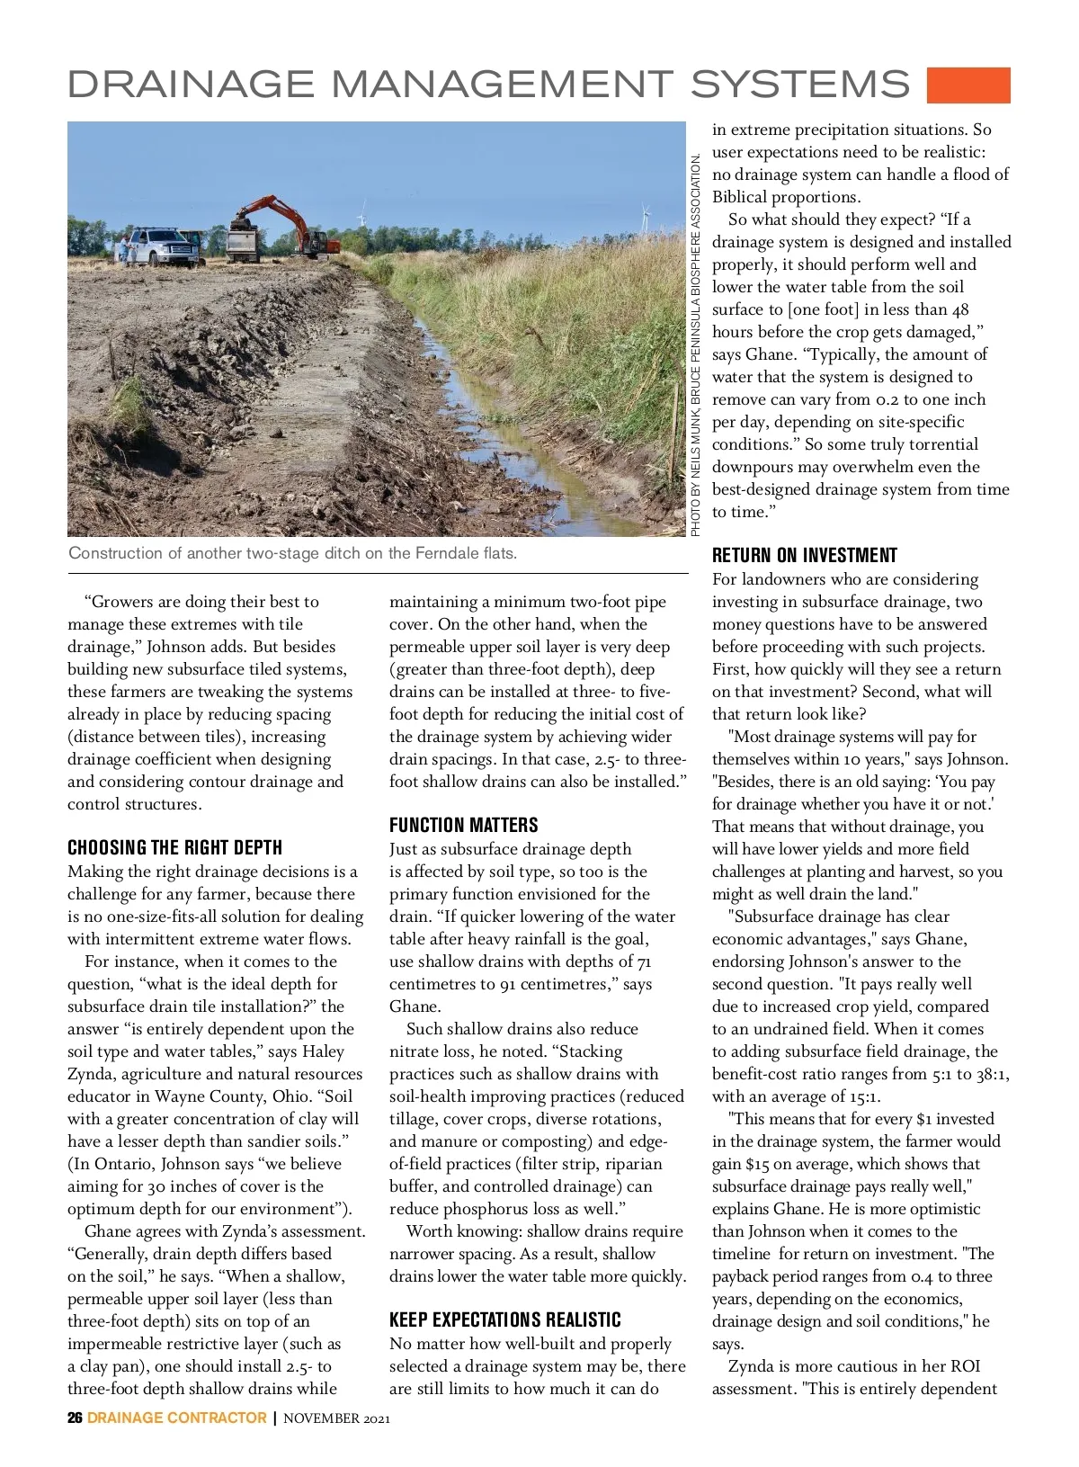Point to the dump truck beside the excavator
pos(245,241)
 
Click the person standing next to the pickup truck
pos(123,248)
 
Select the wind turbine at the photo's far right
pos(645,216)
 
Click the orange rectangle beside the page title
pos(968,85)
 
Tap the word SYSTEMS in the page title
pos(800,85)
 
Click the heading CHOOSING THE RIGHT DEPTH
pos(174,847)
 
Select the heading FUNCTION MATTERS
pos(463,825)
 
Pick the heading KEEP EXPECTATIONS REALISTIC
pos(504,1319)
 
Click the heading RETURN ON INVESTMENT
pos(804,555)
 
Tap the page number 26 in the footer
pos(75,1418)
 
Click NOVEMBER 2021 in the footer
pos(336,1418)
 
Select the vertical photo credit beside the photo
pos(696,345)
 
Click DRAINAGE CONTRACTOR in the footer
pos(176,1418)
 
